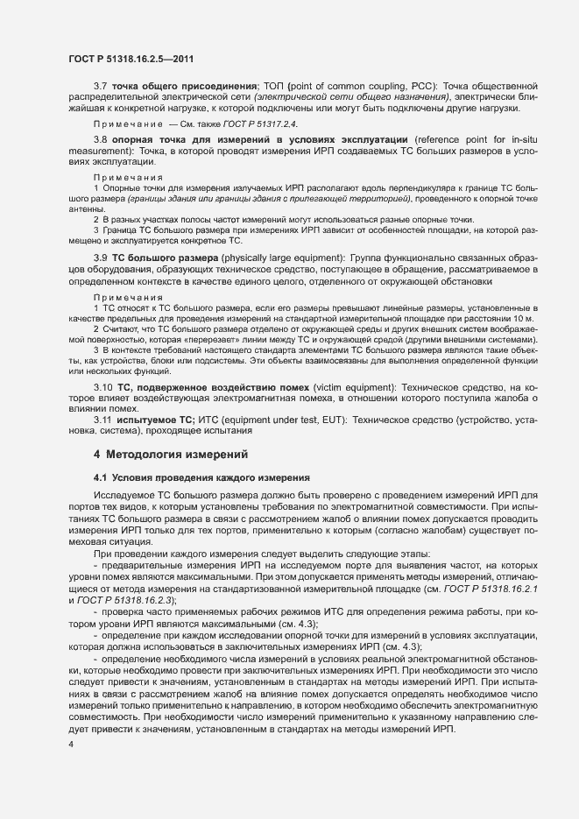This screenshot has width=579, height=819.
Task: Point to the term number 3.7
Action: point(101,86)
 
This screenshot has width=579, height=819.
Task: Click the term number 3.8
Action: point(101,140)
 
